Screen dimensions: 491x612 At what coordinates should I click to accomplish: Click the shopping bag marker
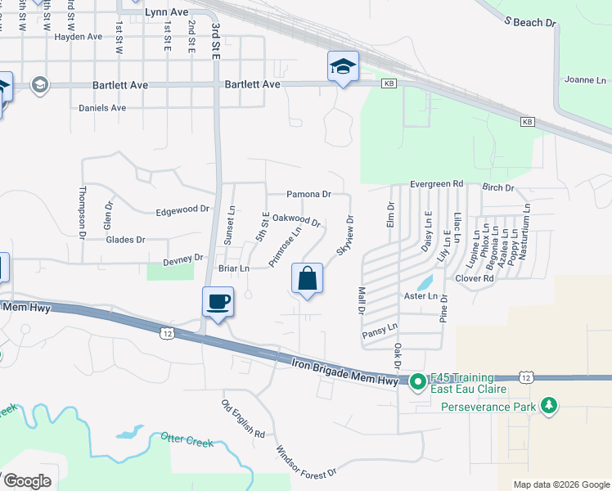click(x=307, y=279)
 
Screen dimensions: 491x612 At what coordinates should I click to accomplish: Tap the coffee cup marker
click(x=218, y=302)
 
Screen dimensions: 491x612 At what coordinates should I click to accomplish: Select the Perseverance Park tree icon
click(x=549, y=406)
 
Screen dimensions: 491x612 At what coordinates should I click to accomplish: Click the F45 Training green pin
click(x=417, y=381)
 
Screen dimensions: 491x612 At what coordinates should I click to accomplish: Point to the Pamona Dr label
click(x=308, y=195)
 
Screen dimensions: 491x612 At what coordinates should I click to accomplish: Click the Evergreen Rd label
click(x=437, y=183)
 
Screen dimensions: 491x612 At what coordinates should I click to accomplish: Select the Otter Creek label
click(x=187, y=440)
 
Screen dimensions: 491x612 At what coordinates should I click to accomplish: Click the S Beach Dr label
click(x=529, y=23)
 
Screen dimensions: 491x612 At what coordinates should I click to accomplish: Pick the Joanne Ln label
click(x=585, y=80)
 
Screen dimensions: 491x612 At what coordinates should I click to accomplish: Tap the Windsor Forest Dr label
click(x=305, y=462)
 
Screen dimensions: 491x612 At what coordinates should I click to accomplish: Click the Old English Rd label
click(x=243, y=418)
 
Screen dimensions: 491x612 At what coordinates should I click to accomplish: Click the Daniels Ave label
click(x=102, y=107)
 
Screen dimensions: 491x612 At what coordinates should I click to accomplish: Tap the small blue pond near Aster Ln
click(x=425, y=283)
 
